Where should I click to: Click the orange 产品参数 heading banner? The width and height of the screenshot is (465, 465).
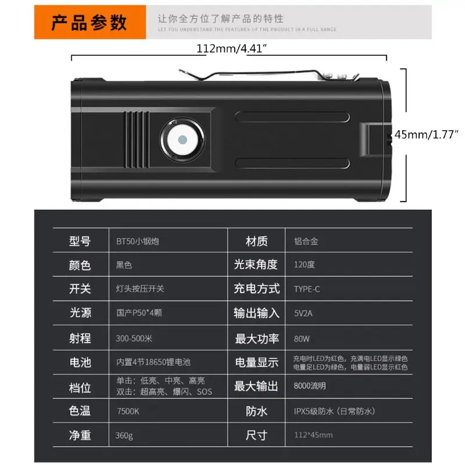[x=89, y=22]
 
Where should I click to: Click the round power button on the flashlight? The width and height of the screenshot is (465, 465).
[x=182, y=140]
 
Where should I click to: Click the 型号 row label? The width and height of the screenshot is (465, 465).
[x=80, y=241]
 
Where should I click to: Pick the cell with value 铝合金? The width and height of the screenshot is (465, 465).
[x=306, y=241]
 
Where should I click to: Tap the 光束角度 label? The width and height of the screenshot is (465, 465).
[x=256, y=265]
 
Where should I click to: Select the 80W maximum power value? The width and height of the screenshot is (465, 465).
[x=302, y=337]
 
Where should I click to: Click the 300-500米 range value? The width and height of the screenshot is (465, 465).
[x=134, y=337]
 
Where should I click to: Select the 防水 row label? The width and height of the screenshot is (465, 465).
[x=256, y=411]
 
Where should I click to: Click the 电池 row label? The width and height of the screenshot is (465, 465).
[x=80, y=362]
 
